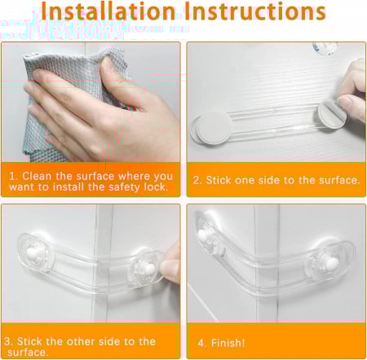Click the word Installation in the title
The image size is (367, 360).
[108, 11]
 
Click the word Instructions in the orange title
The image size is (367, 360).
[255, 11]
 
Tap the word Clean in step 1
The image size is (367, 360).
[37, 176]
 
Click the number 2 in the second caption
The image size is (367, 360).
[197, 180]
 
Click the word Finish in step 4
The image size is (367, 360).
[228, 343]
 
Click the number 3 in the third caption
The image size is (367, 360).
[7, 341]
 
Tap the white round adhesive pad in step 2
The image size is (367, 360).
[213, 128]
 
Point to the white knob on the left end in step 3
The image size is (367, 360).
[35, 253]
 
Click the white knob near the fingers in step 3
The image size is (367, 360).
[149, 269]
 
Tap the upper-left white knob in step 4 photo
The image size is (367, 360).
[202, 235]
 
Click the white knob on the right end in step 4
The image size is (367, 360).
[332, 262]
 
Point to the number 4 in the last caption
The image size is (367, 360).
[201, 343]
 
